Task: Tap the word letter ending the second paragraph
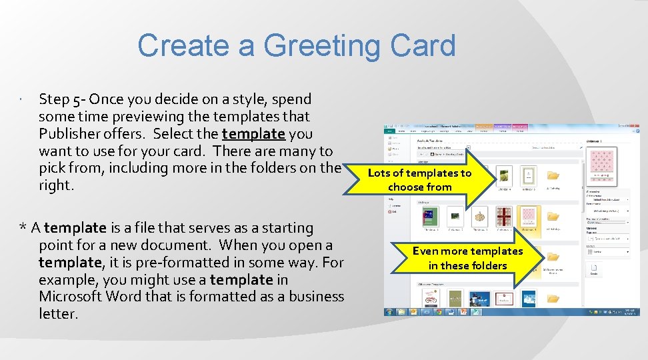pos(58,314)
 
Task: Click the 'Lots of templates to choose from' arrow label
pos(419,180)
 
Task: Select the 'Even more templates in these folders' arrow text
pos(467,258)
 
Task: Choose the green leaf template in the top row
pos(505,175)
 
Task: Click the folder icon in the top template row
pos(553,176)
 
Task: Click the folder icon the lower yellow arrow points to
pos(553,257)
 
